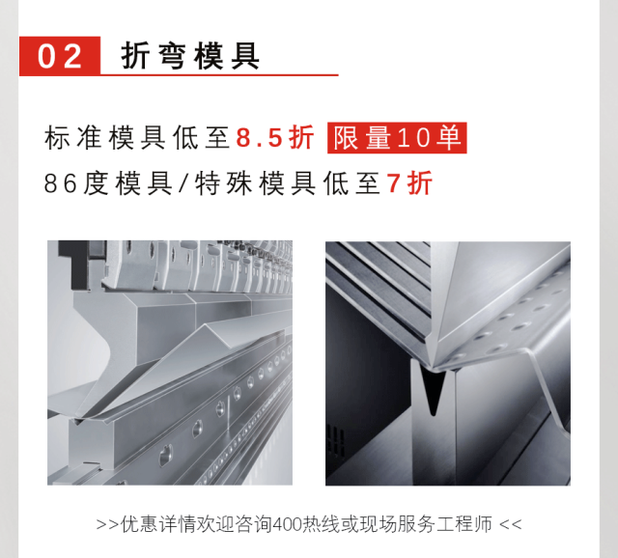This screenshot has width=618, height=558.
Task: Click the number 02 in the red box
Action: click(60, 56)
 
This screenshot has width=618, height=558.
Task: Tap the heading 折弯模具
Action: click(190, 56)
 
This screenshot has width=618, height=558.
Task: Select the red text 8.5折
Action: click(274, 137)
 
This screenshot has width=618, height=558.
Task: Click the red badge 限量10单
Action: click(397, 137)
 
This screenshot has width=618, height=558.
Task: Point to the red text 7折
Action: click(409, 182)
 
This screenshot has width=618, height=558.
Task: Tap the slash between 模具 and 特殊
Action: click(183, 183)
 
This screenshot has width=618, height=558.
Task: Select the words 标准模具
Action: click(105, 137)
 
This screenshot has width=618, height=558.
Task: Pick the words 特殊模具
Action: click(255, 183)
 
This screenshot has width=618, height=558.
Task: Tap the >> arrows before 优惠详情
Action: click(107, 525)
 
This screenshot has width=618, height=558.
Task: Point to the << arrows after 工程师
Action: click(511, 525)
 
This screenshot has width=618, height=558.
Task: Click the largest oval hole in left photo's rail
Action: click(165, 454)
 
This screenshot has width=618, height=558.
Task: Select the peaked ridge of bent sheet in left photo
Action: click(217, 326)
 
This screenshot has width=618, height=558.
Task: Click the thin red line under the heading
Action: click(219, 74)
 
